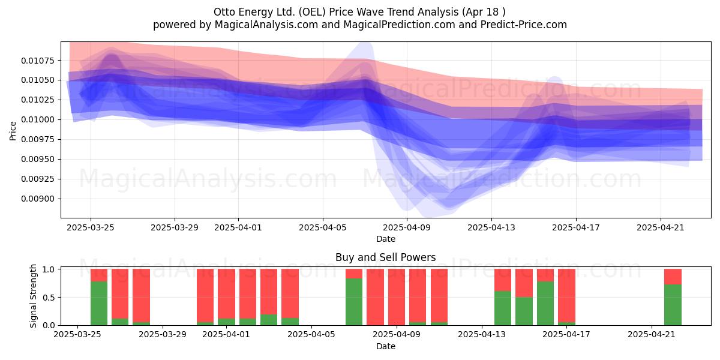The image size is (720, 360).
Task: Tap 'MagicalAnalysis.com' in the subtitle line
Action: [x=266, y=25]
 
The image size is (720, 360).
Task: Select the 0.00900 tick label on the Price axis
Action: [x=38, y=199]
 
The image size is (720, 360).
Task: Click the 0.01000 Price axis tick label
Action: [x=38, y=120]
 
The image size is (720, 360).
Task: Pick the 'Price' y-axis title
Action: [x=13, y=131]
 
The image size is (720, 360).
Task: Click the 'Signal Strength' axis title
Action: [x=33, y=296]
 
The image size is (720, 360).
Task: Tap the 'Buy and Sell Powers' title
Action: [x=385, y=257]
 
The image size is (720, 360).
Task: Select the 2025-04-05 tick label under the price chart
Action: [x=322, y=227]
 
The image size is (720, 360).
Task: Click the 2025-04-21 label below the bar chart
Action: [x=652, y=335]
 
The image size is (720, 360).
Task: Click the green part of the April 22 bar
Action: [x=673, y=305]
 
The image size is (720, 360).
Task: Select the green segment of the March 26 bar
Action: [x=99, y=303]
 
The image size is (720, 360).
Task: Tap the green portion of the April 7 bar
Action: [x=354, y=302]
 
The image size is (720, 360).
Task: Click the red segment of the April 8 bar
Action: [x=375, y=297]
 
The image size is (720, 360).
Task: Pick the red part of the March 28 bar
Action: [x=142, y=295]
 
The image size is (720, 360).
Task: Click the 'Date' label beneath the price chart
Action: [x=386, y=239]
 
